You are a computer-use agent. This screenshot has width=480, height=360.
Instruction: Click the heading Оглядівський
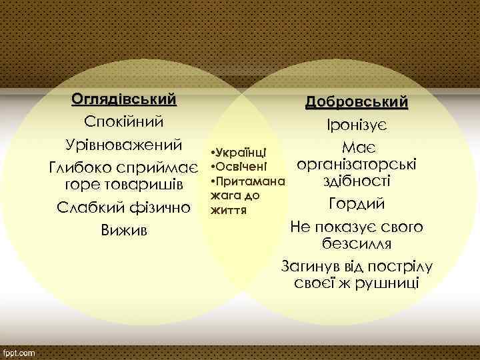coord(124,99)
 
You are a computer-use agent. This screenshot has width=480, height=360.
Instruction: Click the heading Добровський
coord(357,103)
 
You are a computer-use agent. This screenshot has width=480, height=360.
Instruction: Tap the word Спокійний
coord(124,122)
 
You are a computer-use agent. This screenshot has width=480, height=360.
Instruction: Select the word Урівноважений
coord(124,145)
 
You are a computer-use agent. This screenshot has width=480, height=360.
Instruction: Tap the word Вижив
coord(124,230)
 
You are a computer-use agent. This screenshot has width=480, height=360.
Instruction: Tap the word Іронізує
coord(357,126)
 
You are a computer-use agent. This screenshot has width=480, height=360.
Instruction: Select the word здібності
coord(357,181)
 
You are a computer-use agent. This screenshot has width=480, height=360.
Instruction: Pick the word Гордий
coord(357,203)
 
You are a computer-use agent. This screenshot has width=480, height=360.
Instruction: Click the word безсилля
coord(357,243)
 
